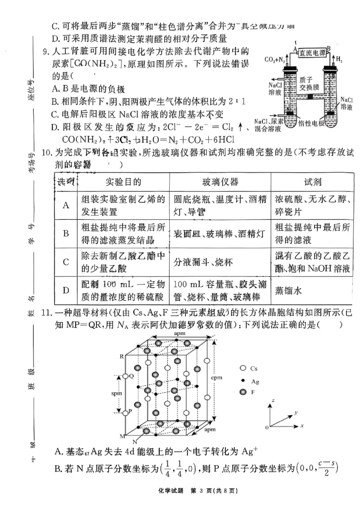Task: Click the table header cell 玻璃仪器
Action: [x=220, y=182]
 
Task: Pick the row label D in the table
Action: [x=66, y=290]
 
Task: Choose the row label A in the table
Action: [x=66, y=205]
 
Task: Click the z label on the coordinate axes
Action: [x=273, y=399]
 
